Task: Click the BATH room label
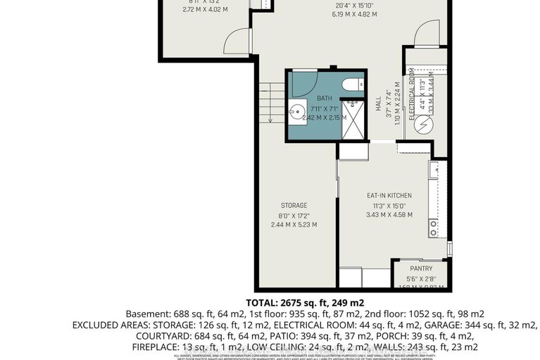[x=324, y=98]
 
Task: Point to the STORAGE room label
[x=294, y=206]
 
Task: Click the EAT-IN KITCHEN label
[x=389, y=195]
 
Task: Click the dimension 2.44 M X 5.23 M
[x=294, y=225]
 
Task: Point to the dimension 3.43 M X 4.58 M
[x=389, y=215]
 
